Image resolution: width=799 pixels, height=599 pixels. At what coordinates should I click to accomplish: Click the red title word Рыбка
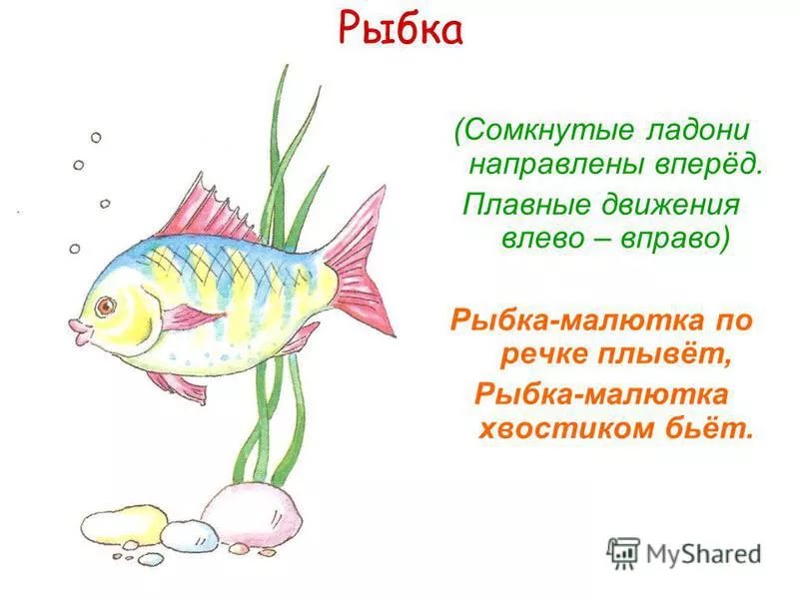click(400, 30)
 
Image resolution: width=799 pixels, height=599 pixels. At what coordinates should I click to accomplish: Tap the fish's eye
click(107, 305)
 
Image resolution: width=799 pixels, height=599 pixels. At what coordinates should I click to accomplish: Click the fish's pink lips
click(79, 331)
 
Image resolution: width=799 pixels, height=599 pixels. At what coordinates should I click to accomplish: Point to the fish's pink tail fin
click(362, 264)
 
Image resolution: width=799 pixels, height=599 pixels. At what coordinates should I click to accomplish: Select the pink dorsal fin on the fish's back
click(207, 210)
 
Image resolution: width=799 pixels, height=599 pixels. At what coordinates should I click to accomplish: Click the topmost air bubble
click(96, 138)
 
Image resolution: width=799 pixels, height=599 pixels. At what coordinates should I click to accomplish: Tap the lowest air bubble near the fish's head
click(74, 249)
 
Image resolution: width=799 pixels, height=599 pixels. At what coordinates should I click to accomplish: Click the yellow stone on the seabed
click(124, 525)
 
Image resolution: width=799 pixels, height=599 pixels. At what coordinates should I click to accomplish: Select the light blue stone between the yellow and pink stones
click(190, 536)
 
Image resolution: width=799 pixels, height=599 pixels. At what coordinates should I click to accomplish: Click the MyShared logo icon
click(622, 553)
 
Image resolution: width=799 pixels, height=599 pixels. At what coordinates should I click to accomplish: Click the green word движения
click(670, 206)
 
